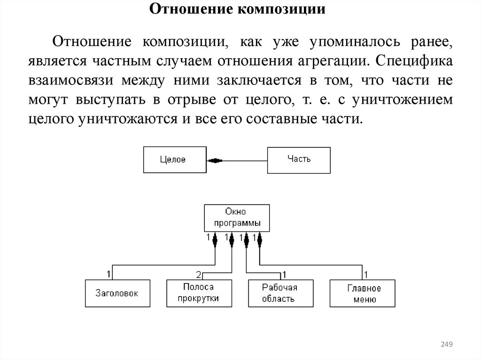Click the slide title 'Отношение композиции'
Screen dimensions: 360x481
click(x=237, y=10)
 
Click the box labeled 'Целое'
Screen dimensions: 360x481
click(x=174, y=160)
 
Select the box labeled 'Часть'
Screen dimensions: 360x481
click(x=299, y=159)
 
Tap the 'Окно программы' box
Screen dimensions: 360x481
click(x=237, y=218)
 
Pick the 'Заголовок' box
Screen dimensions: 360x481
click(x=117, y=293)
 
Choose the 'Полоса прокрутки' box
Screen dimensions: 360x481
click(x=199, y=293)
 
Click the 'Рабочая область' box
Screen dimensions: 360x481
click(x=280, y=293)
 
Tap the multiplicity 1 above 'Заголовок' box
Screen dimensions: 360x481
click(x=109, y=273)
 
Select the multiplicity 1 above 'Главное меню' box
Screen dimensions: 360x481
click(x=365, y=274)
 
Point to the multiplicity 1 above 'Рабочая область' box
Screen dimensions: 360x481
click(x=284, y=274)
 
